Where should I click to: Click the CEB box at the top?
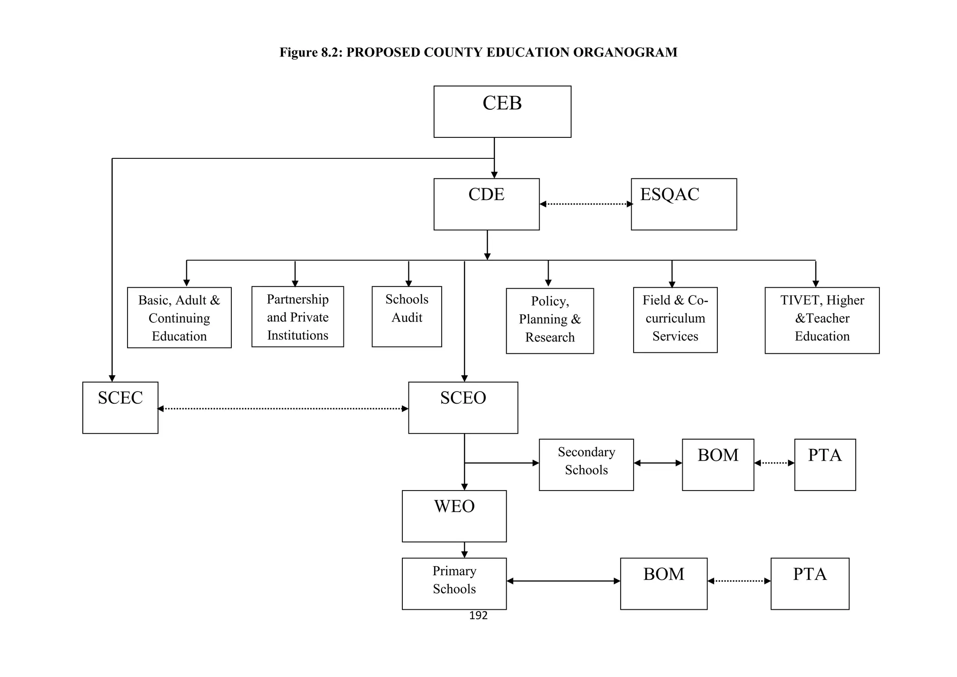[x=502, y=112]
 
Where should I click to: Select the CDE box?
[x=486, y=204]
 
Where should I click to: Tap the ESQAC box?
[x=684, y=204]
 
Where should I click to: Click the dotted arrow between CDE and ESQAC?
[x=586, y=204]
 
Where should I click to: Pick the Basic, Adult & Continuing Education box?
[x=179, y=318]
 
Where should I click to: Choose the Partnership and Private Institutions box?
[x=297, y=317]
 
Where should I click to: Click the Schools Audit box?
[x=407, y=317]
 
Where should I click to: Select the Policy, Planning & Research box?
[x=550, y=321]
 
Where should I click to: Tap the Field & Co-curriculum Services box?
[x=675, y=320]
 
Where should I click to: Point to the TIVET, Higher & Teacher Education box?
[x=821, y=321]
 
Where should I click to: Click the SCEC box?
[x=120, y=408]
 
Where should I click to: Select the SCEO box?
[x=463, y=408]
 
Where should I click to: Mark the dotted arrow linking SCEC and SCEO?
[x=283, y=409]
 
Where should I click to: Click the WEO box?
[x=454, y=516]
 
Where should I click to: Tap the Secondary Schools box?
[x=586, y=465]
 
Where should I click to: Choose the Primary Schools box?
[x=454, y=584]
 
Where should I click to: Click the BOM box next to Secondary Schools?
[x=718, y=465]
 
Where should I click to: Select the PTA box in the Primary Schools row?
[x=809, y=584]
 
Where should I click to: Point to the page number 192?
[x=478, y=616]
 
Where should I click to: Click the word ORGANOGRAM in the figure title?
[x=625, y=52]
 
